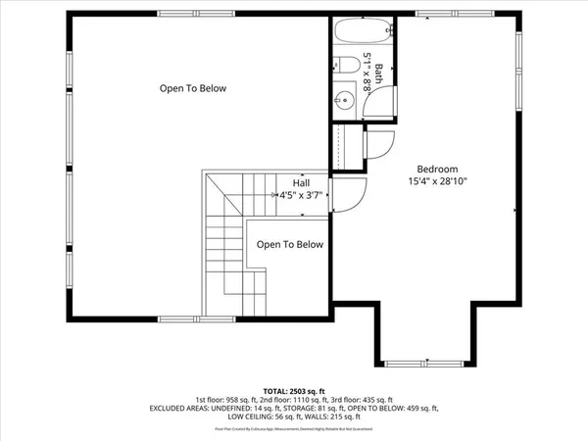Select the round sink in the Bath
click(x=344, y=98)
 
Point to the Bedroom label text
click(x=436, y=168)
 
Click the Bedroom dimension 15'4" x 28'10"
click(x=437, y=181)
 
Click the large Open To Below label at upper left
click(x=193, y=88)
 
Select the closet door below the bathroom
click(x=376, y=144)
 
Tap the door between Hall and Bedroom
click(x=349, y=191)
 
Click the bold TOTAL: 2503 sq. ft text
click(x=293, y=390)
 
